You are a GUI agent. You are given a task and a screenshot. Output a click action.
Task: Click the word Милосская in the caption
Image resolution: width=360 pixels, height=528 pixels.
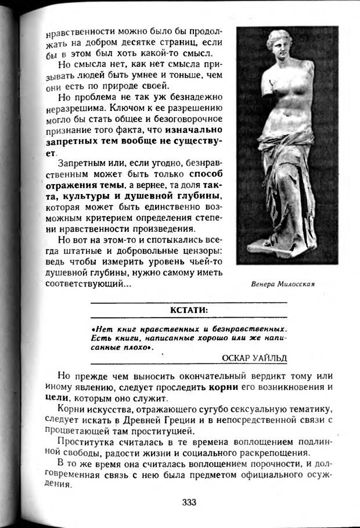point(296,284)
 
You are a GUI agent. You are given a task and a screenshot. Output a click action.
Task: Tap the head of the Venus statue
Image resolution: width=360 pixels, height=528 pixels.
point(279,46)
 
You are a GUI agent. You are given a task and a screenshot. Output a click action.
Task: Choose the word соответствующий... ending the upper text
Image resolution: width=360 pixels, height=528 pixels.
point(88,284)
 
